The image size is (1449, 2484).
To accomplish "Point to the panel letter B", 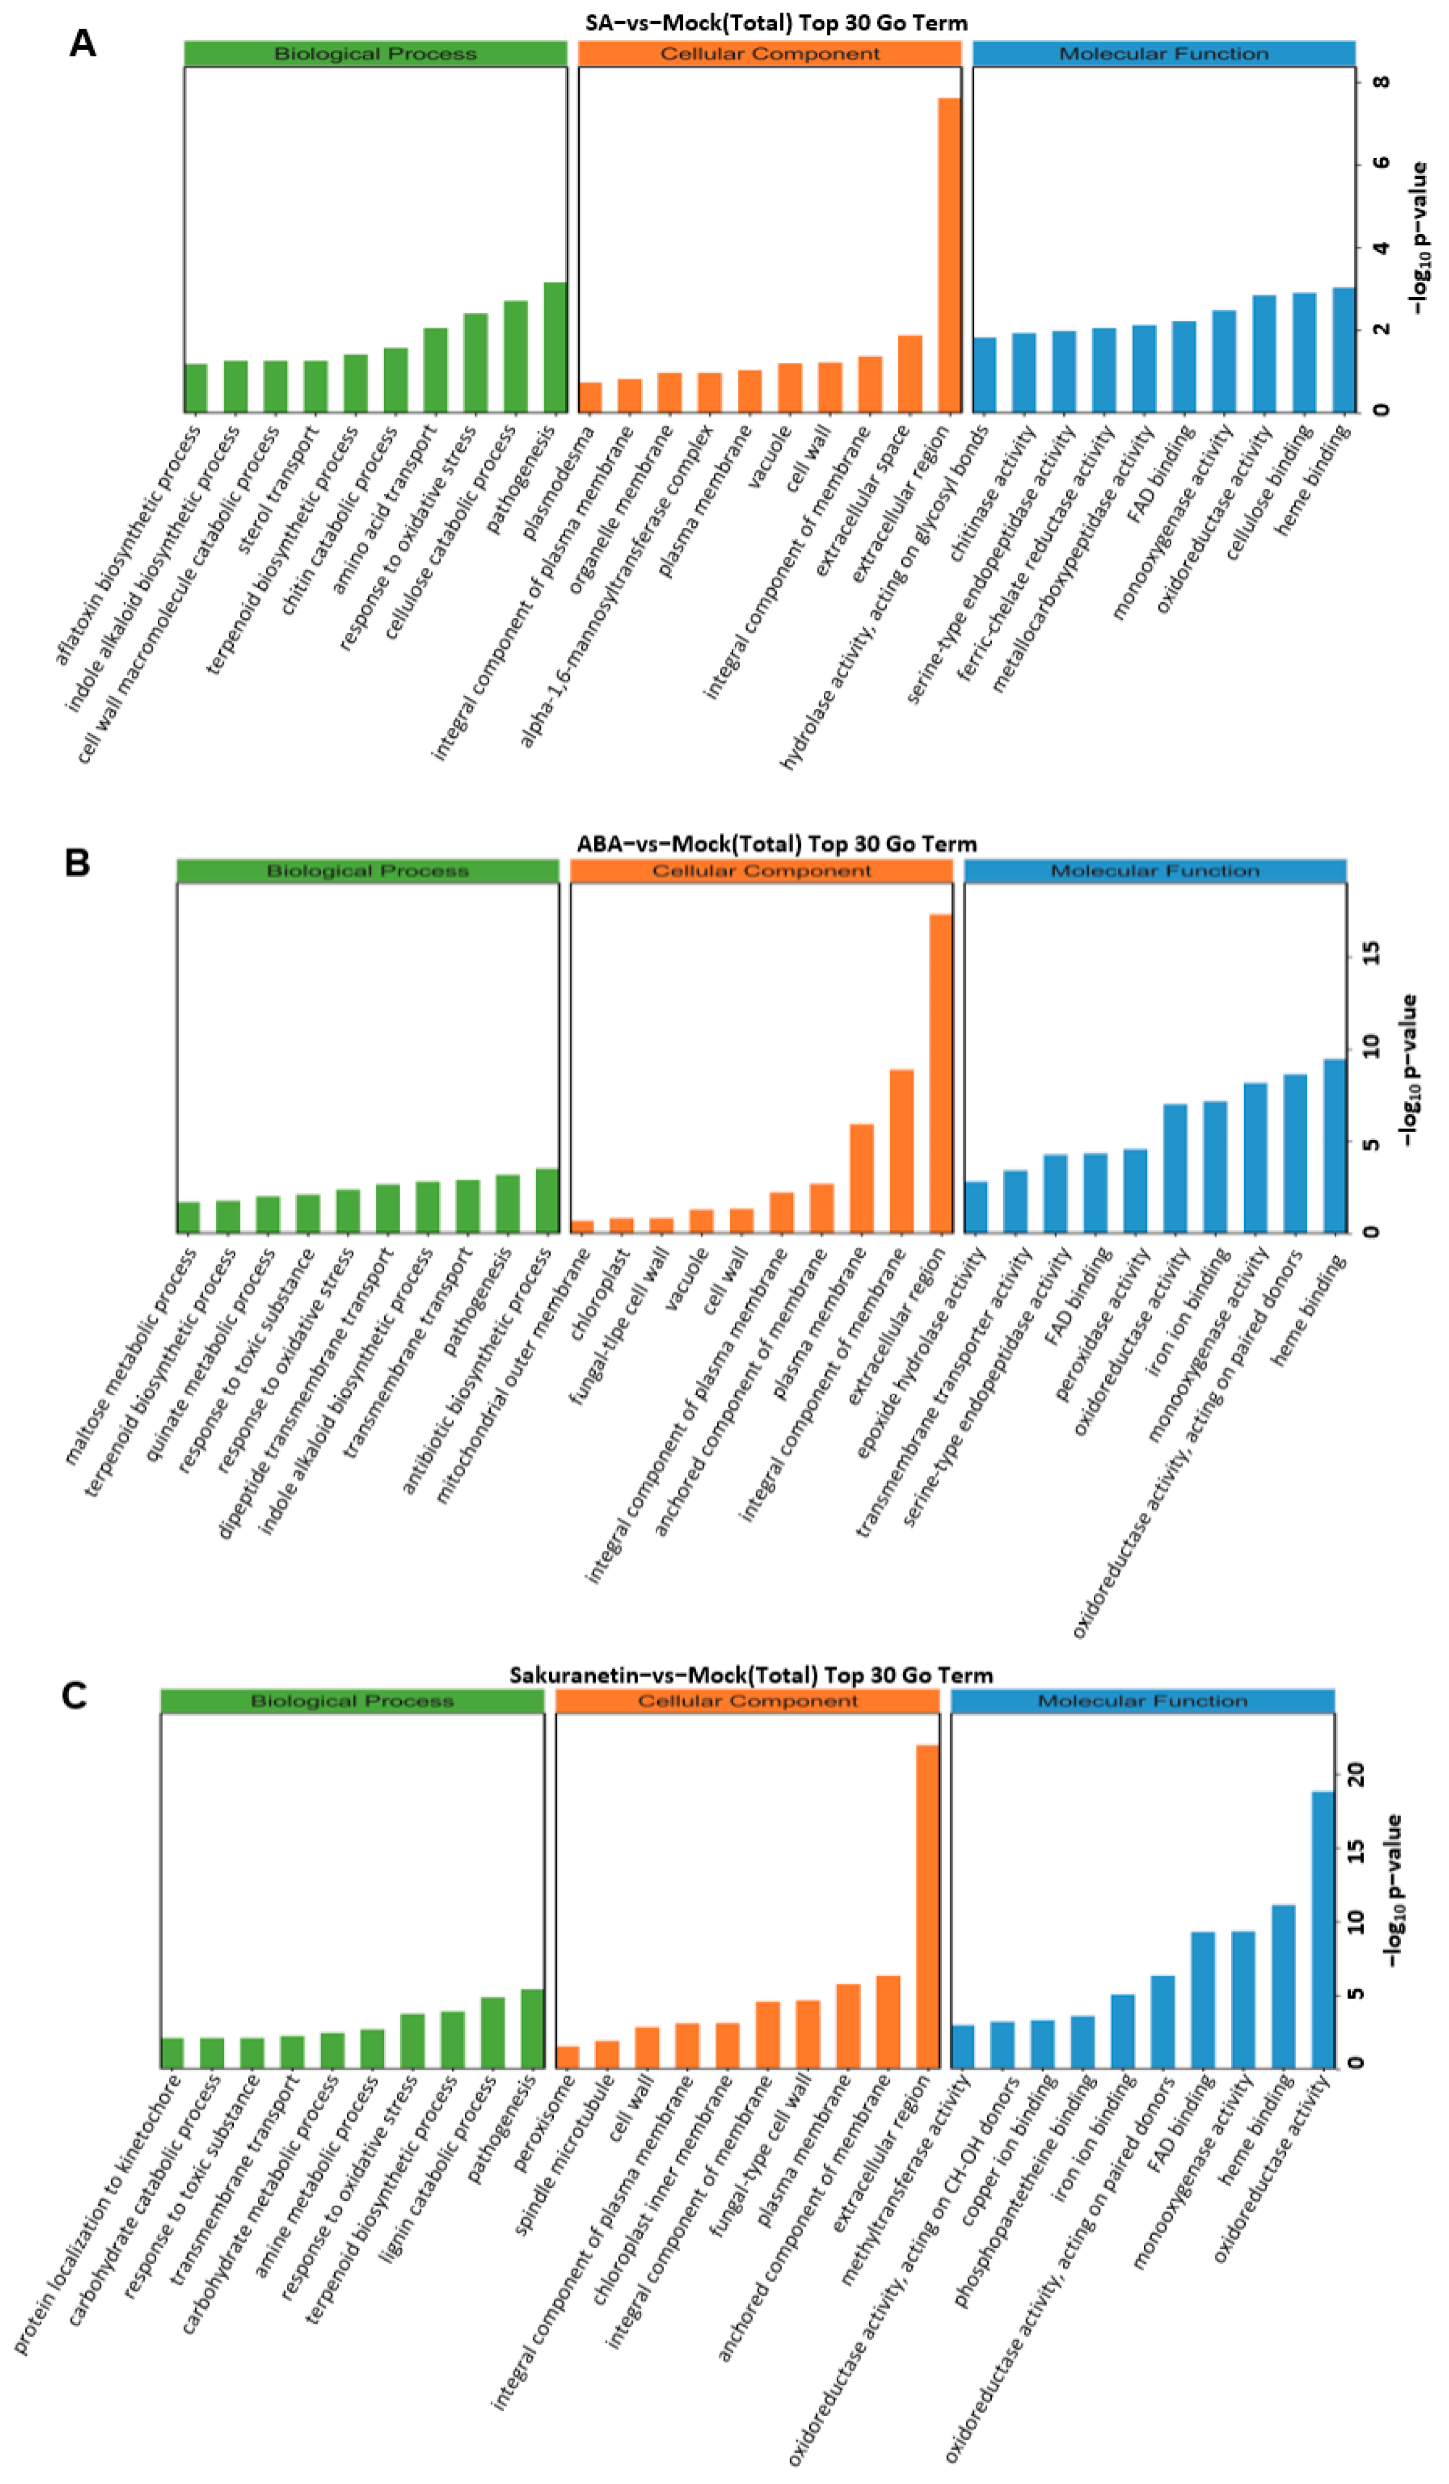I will click(x=77, y=862).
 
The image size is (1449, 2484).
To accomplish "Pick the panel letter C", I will click(x=74, y=1696).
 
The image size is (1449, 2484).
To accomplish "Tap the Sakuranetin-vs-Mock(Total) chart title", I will click(x=750, y=1675).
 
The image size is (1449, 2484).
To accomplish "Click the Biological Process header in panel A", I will click(x=375, y=53).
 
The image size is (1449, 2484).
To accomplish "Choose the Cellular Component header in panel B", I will click(x=761, y=871).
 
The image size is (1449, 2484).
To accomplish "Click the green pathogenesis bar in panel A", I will click(x=555, y=347).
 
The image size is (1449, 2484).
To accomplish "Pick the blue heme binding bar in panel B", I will click(x=1334, y=1146).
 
